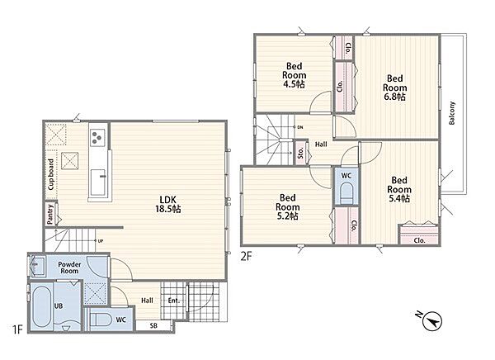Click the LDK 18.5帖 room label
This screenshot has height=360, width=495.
(168, 204)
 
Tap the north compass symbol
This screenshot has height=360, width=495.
(431, 321)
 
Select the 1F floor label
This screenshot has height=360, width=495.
(17, 329)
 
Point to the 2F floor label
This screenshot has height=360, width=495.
(246, 256)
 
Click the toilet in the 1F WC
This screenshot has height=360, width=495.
(100, 320)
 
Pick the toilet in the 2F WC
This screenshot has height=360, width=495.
(346, 193)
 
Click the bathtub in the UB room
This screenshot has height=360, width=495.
(42, 307)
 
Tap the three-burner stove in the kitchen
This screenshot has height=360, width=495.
(97, 137)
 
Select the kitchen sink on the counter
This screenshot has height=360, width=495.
(98, 182)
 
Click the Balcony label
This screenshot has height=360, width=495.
(452, 113)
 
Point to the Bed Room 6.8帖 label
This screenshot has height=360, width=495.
(394, 88)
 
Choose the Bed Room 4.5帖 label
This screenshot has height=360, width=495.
(294, 75)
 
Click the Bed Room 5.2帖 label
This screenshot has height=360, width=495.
(287, 207)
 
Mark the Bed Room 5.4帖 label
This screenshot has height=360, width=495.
(399, 189)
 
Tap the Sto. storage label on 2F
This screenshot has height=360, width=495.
(300, 153)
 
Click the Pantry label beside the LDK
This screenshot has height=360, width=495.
(49, 215)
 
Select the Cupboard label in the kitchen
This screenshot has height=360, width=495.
(50, 174)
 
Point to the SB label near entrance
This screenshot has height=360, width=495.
(153, 325)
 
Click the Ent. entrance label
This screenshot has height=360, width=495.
(173, 301)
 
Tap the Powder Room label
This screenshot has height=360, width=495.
(69, 268)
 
